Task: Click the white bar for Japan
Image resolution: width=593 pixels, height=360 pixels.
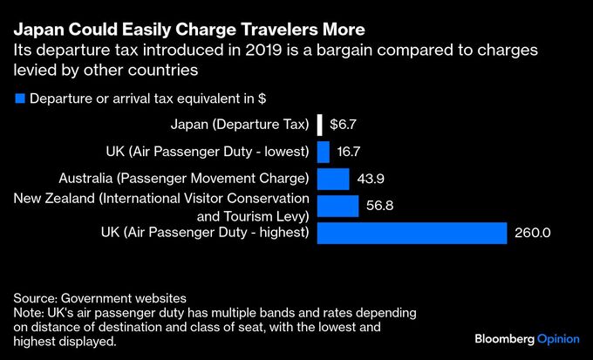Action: (x=320, y=125)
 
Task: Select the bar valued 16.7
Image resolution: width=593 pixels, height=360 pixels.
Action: (x=324, y=152)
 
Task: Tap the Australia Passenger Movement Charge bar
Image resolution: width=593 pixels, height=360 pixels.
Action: (x=333, y=179)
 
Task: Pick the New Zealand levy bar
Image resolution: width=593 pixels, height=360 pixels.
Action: (x=337, y=206)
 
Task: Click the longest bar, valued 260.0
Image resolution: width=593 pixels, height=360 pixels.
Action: (x=412, y=233)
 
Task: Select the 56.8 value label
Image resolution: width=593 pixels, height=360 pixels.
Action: (x=381, y=207)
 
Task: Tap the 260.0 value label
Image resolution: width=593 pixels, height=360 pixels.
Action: (x=533, y=234)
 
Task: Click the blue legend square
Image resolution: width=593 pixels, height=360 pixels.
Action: (x=20, y=98)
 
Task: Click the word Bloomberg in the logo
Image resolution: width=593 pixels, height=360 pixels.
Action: (x=503, y=337)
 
